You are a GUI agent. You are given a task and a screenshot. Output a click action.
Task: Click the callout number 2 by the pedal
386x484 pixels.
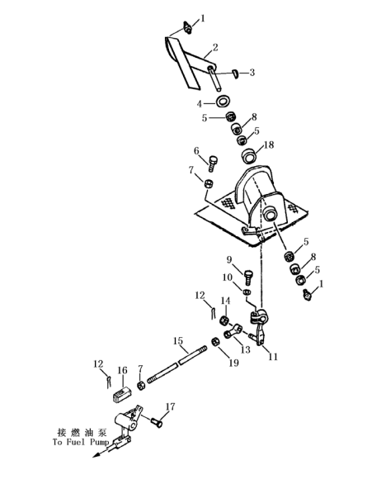[x=215, y=47]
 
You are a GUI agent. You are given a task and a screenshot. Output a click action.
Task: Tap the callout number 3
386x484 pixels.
[x=252, y=73]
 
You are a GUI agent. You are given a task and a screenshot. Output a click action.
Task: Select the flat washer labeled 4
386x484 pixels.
[x=224, y=102]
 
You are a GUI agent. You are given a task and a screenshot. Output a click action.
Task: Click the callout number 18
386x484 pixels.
[x=269, y=145]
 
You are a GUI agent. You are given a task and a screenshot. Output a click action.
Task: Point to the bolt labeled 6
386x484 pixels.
[x=213, y=164]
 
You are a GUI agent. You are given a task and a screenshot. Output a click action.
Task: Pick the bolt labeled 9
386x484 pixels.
[x=248, y=278]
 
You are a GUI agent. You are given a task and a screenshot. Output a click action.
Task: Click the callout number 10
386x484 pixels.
[x=227, y=278]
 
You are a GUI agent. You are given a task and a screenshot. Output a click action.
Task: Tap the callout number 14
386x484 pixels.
[x=225, y=301]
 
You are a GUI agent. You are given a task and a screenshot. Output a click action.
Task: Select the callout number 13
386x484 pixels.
[x=246, y=349]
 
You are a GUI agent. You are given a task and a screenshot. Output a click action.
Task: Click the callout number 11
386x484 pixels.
[x=273, y=357]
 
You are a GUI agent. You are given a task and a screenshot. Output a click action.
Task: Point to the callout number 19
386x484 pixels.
[x=233, y=363]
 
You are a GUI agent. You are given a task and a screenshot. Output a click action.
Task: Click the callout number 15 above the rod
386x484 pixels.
[x=178, y=341]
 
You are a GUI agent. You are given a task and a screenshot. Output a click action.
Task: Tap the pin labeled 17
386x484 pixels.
[x=157, y=422]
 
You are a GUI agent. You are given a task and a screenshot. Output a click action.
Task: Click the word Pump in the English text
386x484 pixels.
[x=99, y=442]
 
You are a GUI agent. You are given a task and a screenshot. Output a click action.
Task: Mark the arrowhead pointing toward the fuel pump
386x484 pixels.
[x=96, y=454]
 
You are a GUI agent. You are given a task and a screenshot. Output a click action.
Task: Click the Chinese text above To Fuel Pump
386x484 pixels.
[x=82, y=432]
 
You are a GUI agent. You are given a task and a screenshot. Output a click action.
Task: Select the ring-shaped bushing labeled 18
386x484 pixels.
[x=248, y=156]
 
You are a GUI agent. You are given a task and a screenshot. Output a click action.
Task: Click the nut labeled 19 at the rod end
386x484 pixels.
[x=215, y=342]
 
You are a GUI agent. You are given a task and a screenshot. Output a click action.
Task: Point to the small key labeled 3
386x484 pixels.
[x=235, y=74]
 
